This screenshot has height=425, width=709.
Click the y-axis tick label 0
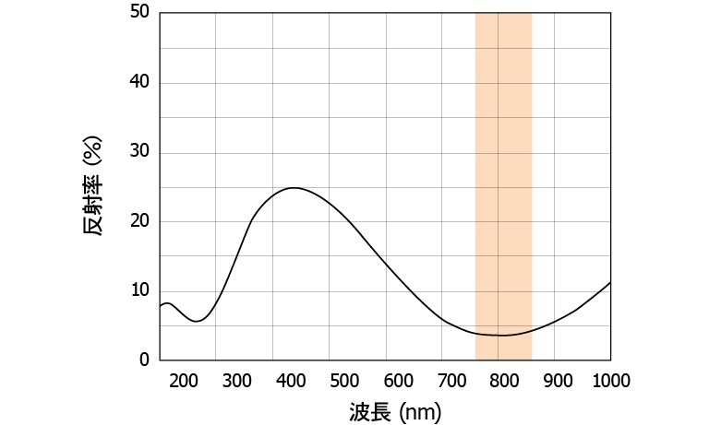(143, 360)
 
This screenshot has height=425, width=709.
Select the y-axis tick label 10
(138, 290)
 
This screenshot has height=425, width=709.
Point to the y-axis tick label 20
(138, 221)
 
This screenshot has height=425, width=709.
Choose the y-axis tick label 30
(138, 152)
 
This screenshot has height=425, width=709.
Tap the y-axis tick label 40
(138, 83)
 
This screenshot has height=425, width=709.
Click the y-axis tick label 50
(138, 13)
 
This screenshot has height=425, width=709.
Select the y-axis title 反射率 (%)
(93, 186)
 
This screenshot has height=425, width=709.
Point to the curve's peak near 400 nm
(294, 188)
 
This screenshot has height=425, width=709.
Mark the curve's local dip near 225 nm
(198, 321)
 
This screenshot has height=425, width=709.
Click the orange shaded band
(503, 184)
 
